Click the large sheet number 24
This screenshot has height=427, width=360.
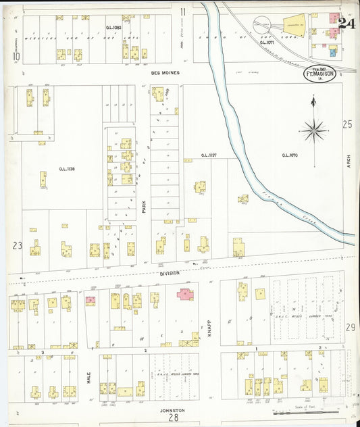(346, 24)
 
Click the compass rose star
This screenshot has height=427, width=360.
(314, 128)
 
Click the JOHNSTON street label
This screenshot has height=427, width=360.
(173, 409)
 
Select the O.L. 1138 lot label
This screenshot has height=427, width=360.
(66, 169)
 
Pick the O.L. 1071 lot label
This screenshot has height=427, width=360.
(267, 42)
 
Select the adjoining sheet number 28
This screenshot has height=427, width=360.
(174, 418)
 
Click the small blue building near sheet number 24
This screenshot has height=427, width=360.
(331, 49)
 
